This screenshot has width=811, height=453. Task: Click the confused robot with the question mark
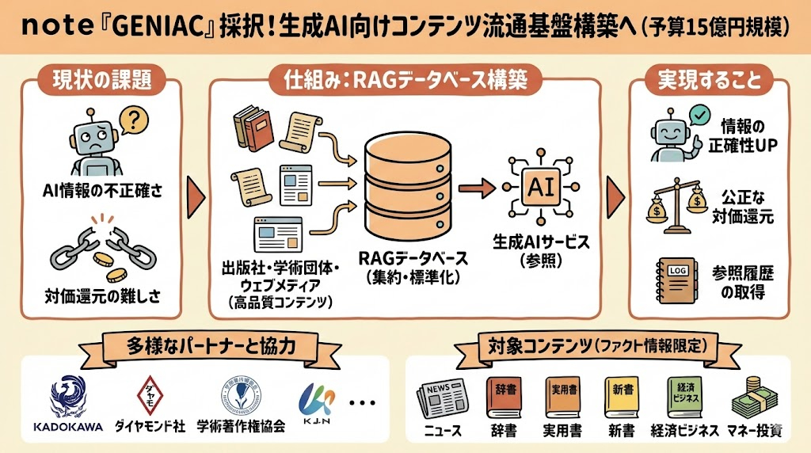(99, 141)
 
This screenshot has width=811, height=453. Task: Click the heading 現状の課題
(101, 80)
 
